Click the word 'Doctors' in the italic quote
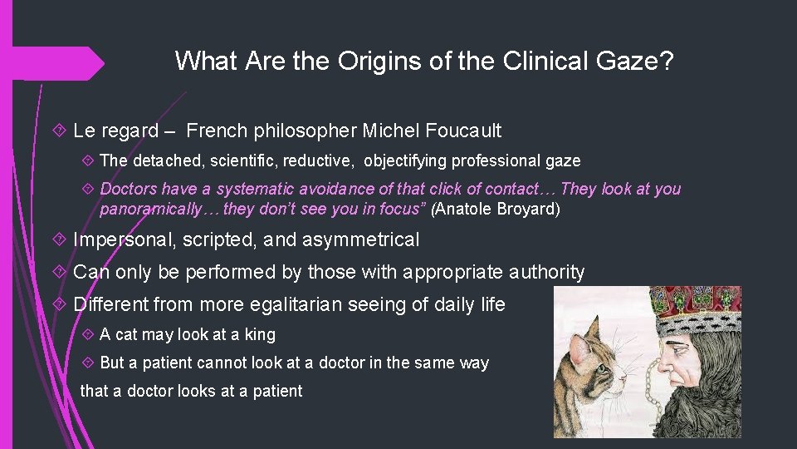click(128, 189)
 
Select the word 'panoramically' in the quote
click(149, 209)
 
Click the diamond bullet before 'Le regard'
click(61, 131)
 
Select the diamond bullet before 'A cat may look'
click(88, 335)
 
